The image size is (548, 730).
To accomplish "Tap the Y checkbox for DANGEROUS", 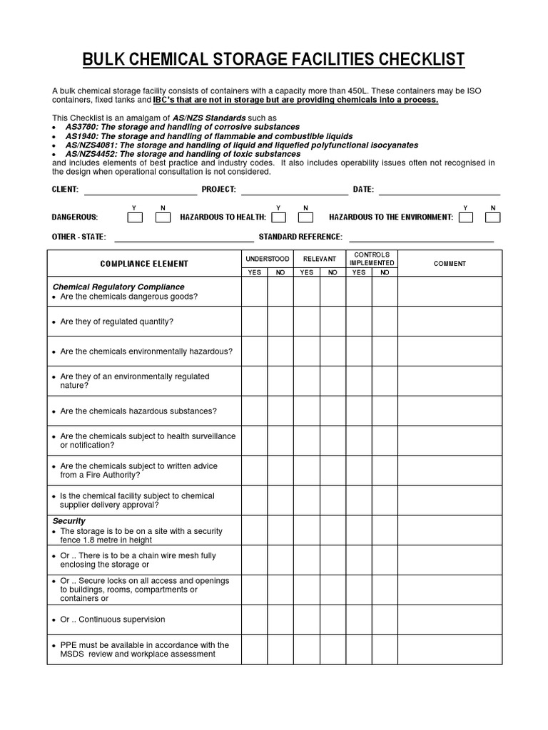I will pyautogui.click(x=135, y=217).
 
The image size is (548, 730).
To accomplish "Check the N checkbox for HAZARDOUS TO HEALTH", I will pyautogui.click(x=305, y=217).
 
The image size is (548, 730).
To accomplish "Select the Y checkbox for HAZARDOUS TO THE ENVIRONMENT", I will pyautogui.click(x=465, y=217).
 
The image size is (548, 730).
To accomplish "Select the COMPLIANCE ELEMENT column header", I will pyautogui.click(x=144, y=264).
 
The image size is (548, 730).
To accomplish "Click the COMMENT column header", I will pyautogui.click(x=450, y=264).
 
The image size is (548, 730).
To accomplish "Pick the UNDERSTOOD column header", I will pyautogui.click(x=268, y=259).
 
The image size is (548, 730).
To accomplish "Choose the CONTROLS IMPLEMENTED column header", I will pyautogui.click(x=372, y=259).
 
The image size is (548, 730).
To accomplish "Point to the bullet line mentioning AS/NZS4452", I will pyautogui.click(x=183, y=154).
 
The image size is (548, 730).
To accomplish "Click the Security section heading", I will pyautogui.click(x=69, y=521).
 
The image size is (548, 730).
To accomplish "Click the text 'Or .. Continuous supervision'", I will pyautogui.click(x=113, y=620).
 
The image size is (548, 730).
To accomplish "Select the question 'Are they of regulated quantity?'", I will pyautogui.click(x=117, y=322).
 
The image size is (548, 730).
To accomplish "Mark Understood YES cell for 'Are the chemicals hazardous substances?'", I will pyautogui.click(x=254, y=411).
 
